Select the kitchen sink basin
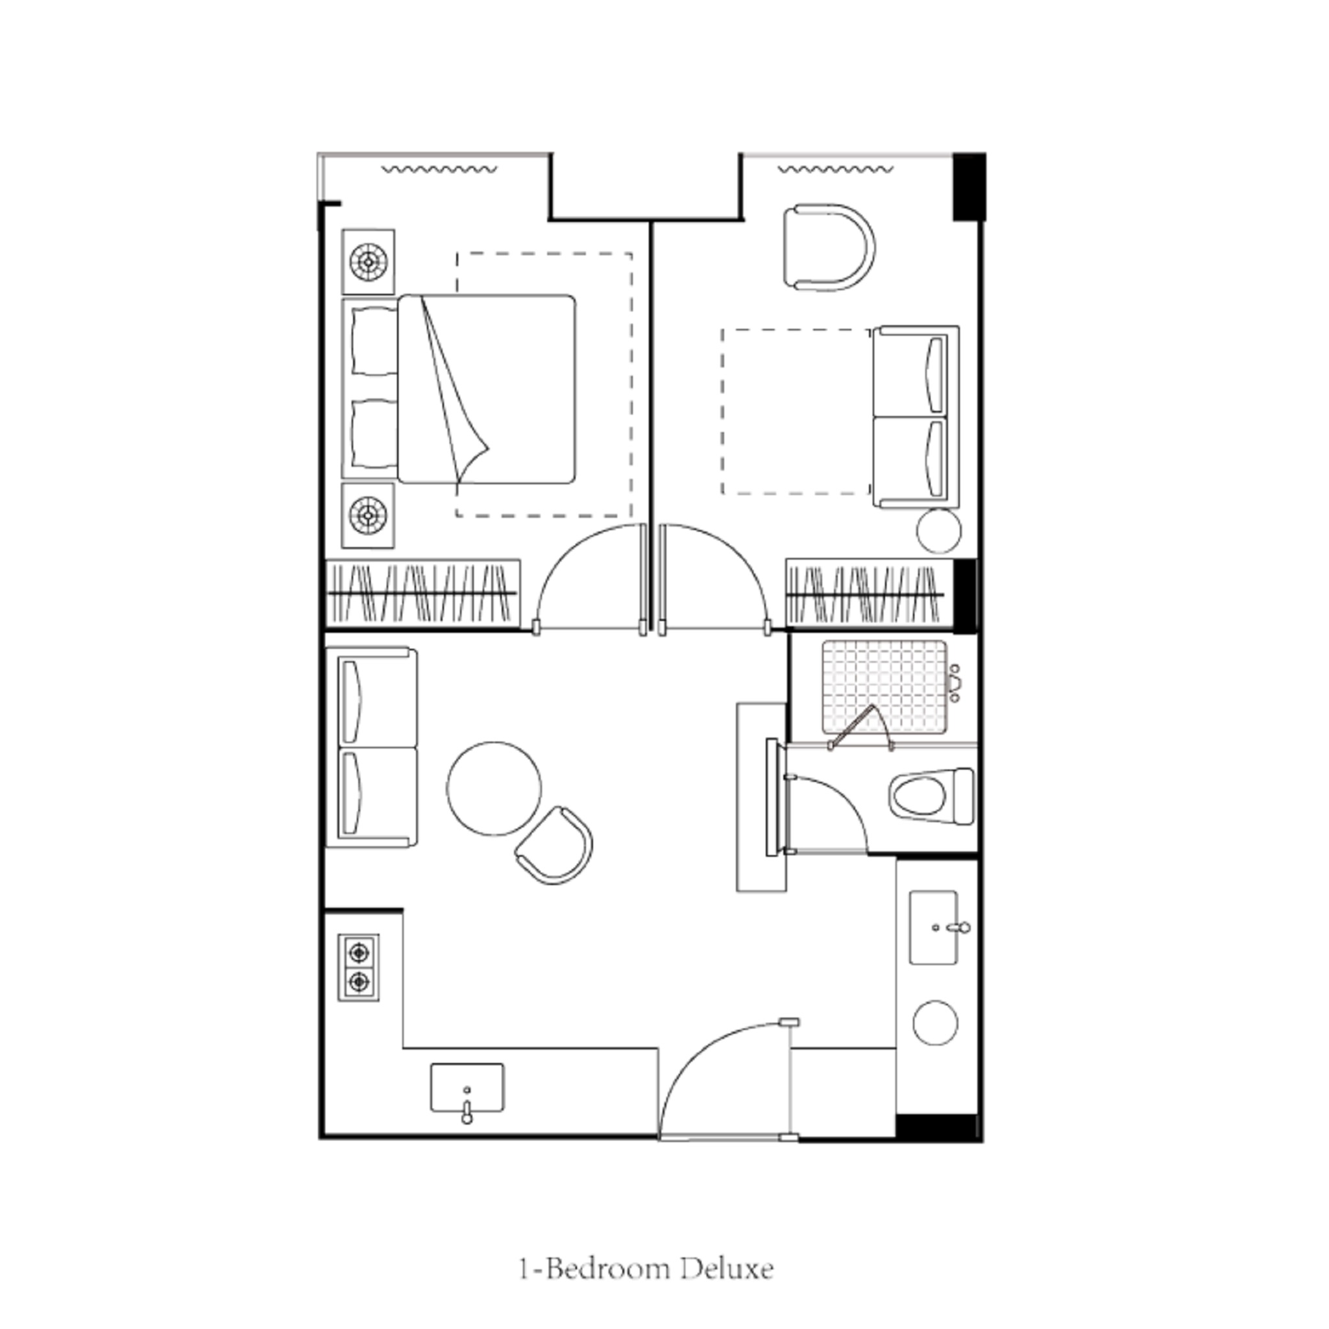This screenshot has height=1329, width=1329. pyautogui.click(x=467, y=1087)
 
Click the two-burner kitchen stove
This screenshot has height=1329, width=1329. pyautogui.click(x=358, y=967)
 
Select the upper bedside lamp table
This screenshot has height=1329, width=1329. pyautogui.click(x=369, y=262)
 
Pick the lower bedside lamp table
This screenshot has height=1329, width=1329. pyautogui.click(x=369, y=515)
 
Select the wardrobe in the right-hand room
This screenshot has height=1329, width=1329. pyautogui.click(x=868, y=593)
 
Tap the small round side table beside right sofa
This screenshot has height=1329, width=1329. pyautogui.click(x=938, y=530)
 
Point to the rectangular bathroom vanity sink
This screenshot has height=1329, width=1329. pyautogui.click(x=933, y=927)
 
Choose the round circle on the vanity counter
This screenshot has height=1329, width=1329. pyautogui.click(x=935, y=1022)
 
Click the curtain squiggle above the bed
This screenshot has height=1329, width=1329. pyautogui.click(x=439, y=169)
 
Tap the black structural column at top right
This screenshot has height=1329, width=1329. pyautogui.click(x=969, y=186)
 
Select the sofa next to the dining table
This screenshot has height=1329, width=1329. pyautogui.click(x=371, y=747)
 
